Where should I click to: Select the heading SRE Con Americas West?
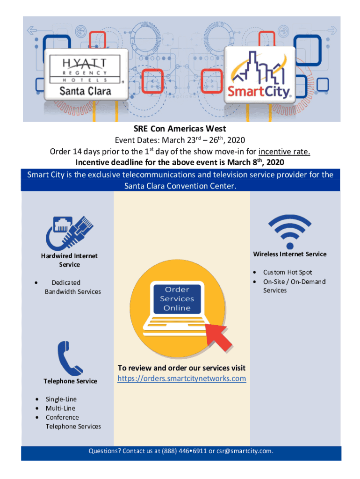pyautogui.click(x=180, y=129)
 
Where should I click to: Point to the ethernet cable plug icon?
pyautogui.click(x=68, y=232)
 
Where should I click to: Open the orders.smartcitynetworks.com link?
pyautogui.click(x=181, y=378)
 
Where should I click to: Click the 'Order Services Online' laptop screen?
pyautogui.click(x=177, y=298)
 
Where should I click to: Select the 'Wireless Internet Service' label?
pyautogui.click(x=290, y=254)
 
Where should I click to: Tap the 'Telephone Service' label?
pyautogui.click(x=70, y=381)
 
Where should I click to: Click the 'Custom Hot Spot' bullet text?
pyautogui.click(x=288, y=272)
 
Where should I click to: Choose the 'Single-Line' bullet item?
pyautogui.click(x=61, y=399)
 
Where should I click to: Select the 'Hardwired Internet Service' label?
pyautogui.click(x=69, y=260)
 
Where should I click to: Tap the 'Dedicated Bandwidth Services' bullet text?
pyautogui.click(x=72, y=287)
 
